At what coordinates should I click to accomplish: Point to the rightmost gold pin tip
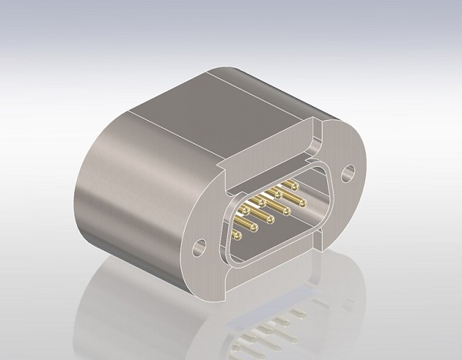coord(304,203)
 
